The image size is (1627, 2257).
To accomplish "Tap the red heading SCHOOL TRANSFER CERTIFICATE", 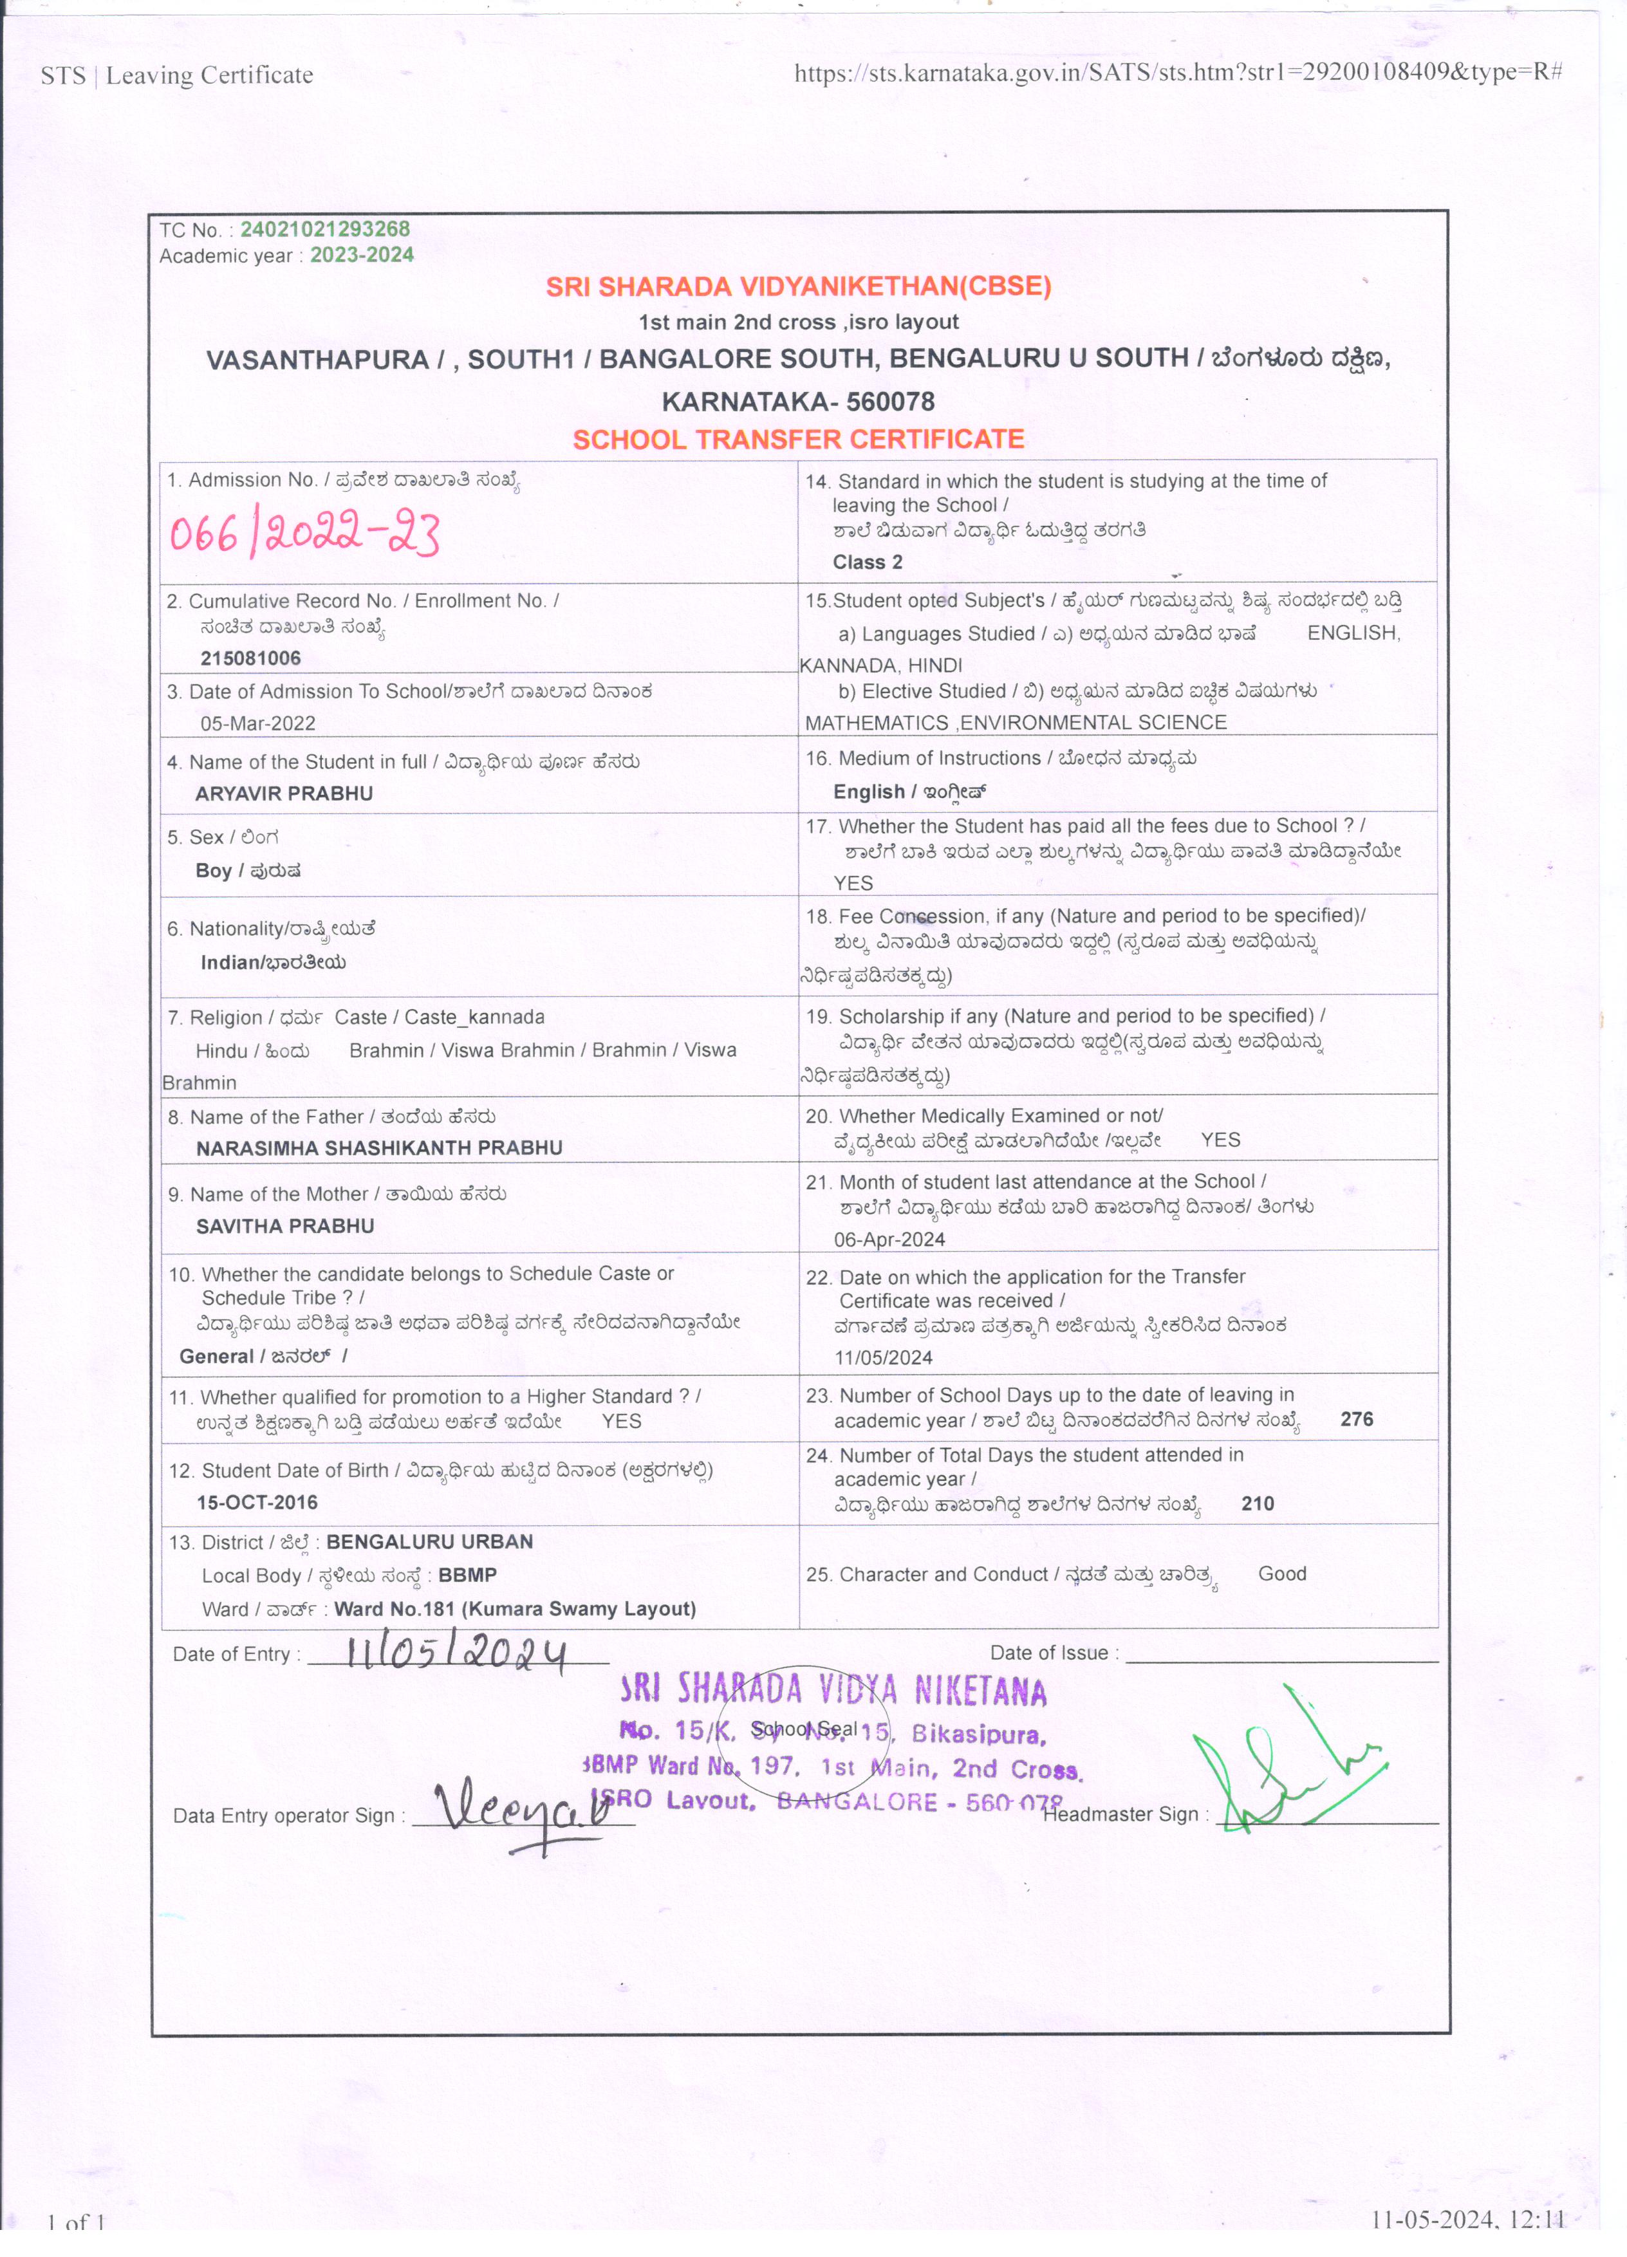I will tap(798, 439).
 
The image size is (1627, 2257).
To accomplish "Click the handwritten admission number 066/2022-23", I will tap(304, 534).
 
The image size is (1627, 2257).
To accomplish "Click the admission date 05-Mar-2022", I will tap(257, 723).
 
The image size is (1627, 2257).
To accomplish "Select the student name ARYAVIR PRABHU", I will tap(284, 793).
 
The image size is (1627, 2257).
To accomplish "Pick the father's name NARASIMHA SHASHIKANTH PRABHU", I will tap(379, 1147).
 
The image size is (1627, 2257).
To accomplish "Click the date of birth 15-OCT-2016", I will tap(257, 1501).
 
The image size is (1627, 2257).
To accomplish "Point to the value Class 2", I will tap(867, 562).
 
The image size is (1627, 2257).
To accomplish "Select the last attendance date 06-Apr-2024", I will tap(889, 1239).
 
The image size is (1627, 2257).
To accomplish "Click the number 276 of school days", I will tap(1356, 1419).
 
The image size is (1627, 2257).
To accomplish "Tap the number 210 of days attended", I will tap(1257, 1503).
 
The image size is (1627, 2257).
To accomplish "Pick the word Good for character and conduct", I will tap(1281, 1574).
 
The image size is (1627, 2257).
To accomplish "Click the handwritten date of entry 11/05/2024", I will tap(456, 1654).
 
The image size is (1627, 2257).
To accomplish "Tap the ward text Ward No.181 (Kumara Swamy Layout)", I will tap(514, 1608).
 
